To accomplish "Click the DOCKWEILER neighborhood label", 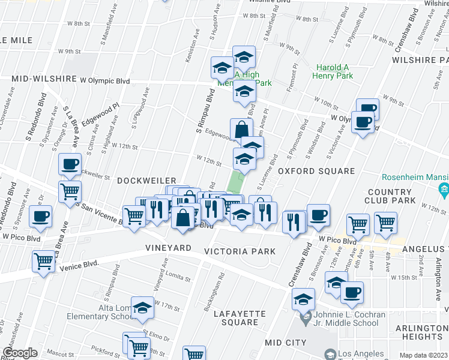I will [x=146, y=181].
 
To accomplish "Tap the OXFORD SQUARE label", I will [x=316, y=172].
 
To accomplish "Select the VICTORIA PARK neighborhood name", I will [x=240, y=251].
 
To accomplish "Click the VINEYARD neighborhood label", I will [x=169, y=248].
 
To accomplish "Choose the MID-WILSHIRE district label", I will [x=44, y=79].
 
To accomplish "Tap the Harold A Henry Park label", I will [x=332, y=71].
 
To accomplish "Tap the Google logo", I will [x=20, y=353].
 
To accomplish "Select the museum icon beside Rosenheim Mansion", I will [x=444, y=191].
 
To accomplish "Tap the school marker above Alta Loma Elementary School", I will [x=142, y=308].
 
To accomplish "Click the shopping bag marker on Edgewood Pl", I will [x=241, y=130].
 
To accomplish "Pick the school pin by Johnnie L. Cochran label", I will [x=304, y=299].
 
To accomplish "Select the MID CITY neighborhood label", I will [x=286, y=342].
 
